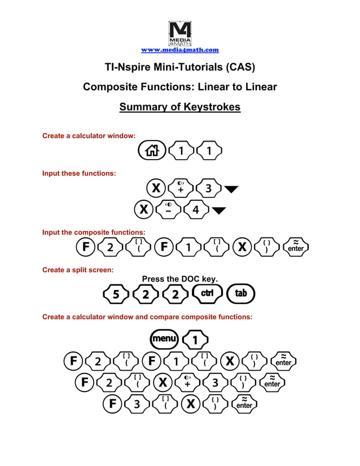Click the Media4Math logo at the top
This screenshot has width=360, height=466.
coord(179,34)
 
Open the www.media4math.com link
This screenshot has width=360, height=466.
coord(179,50)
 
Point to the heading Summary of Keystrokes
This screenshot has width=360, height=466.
coord(179,107)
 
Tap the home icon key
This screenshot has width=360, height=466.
coord(152,151)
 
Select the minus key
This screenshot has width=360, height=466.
coord(169,210)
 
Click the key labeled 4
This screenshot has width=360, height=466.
coord(196,210)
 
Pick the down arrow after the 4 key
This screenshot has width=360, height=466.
coord(219,210)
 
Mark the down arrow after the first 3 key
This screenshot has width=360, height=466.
coord(231,188)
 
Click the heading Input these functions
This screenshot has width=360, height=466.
coord(79,173)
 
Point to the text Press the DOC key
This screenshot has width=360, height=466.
coord(179,279)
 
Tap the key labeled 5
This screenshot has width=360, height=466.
coord(116,294)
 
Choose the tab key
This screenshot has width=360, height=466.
coord(240,293)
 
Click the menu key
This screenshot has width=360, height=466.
coord(164,340)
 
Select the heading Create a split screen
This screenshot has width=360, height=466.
coord(78,270)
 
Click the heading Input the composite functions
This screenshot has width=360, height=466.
coord(94,232)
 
